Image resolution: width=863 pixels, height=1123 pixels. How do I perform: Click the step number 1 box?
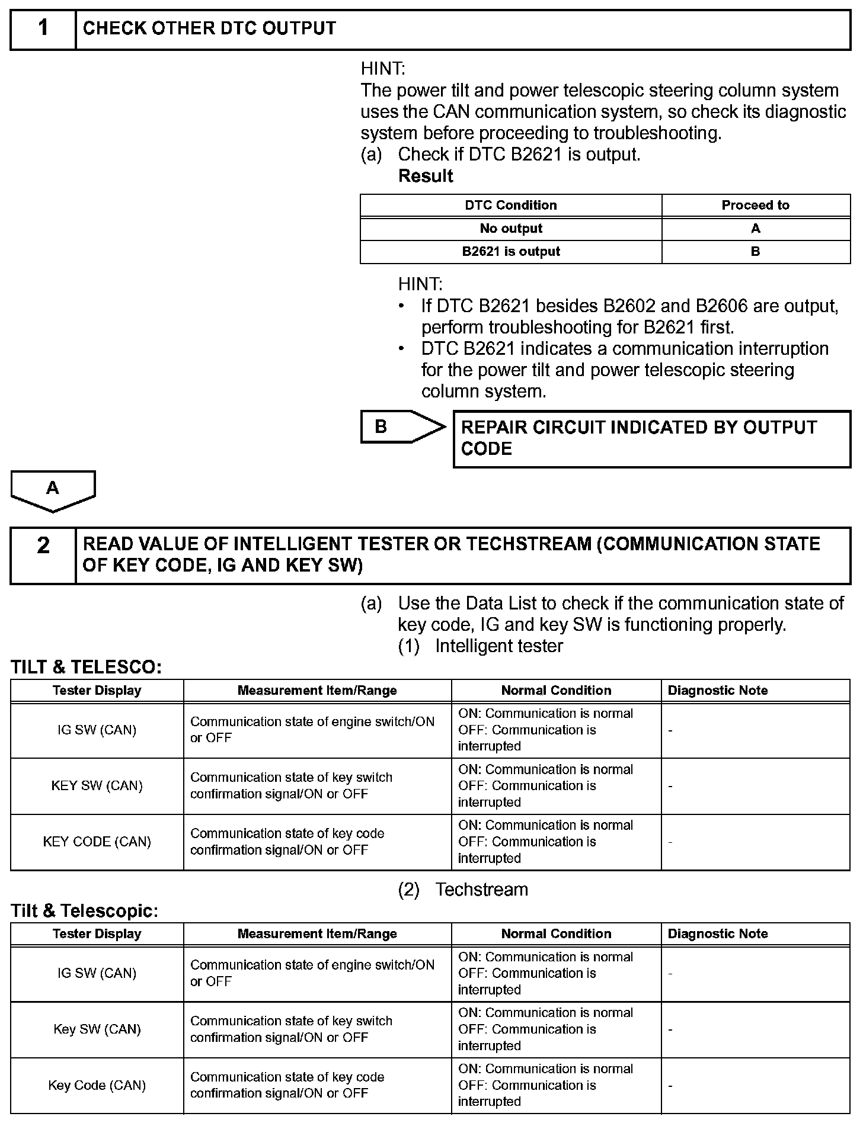point(43,28)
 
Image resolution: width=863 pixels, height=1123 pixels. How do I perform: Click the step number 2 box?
point(43,555)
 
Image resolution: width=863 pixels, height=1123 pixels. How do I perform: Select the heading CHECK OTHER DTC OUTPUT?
point(209,28)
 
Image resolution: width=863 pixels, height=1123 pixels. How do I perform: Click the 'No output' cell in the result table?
point(511,229)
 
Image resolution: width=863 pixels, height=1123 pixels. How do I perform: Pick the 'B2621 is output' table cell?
point(511,252)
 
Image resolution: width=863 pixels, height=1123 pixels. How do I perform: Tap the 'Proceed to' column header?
point(755,206)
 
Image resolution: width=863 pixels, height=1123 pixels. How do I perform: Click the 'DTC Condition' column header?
point(511,206)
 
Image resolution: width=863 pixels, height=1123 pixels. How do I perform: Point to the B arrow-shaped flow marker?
point(402,426)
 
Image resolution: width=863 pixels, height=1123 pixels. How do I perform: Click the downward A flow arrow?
point(53,490)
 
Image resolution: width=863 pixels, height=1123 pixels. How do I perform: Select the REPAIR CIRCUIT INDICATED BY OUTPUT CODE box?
point(651,438)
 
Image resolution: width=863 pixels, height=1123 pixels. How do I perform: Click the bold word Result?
point(426,176)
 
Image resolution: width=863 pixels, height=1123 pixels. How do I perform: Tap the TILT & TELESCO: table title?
point(87,668)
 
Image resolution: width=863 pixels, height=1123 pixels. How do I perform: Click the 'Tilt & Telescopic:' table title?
point(85,911)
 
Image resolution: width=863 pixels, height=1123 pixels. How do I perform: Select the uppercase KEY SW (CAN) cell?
point(97,786)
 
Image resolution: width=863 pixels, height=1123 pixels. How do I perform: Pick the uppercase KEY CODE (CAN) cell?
point(97,842)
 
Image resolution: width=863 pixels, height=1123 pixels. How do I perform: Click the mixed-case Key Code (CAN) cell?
point(97,1086)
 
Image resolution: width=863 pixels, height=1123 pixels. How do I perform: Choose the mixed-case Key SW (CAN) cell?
point(97,1029)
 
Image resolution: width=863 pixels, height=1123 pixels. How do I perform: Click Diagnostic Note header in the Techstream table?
point(718,934)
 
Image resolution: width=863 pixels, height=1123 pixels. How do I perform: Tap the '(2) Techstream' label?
point(463,890)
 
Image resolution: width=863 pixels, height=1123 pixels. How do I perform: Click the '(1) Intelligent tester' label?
point(481,646)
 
